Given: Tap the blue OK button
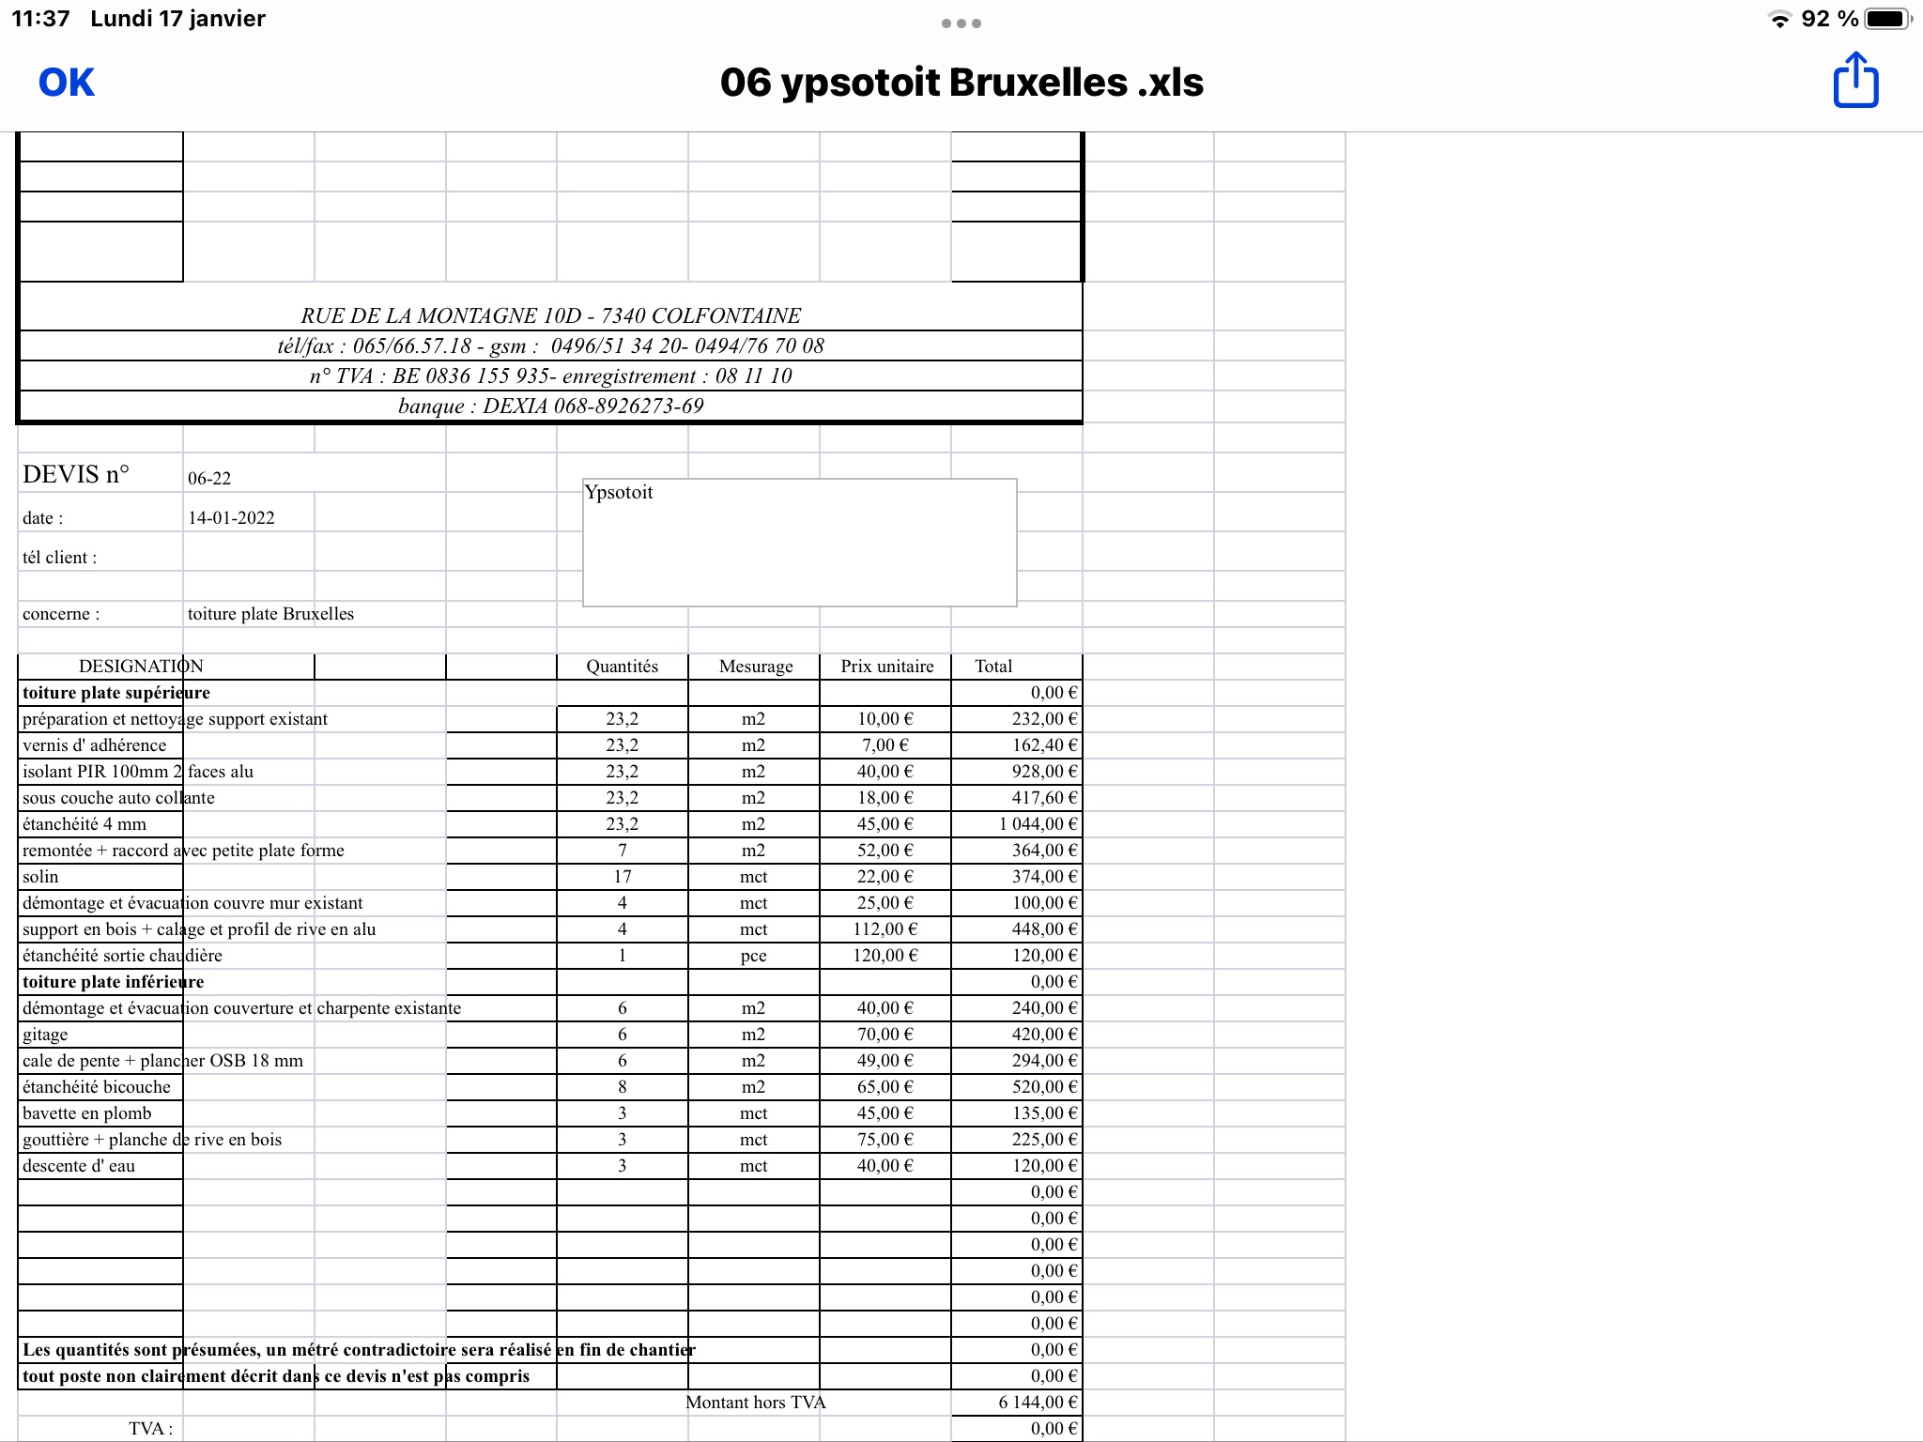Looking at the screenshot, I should pos(66,83).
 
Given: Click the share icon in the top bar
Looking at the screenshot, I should pos(1855,81).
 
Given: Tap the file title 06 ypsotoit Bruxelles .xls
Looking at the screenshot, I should pos(961,83).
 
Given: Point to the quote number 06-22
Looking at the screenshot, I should pos(209,479).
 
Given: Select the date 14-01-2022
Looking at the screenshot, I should pos(231,518).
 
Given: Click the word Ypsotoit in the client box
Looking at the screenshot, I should pos(619,493).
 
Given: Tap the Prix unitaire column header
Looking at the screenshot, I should pos(886,667).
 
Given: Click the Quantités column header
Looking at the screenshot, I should pos(622,667).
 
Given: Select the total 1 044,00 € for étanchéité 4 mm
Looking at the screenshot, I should pos(1038,824).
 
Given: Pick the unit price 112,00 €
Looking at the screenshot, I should pos(885,929).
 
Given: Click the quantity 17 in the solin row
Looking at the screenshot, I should pos(622,877).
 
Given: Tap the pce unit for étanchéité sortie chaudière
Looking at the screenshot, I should pos(753,956).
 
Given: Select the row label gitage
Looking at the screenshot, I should pos(45,1035).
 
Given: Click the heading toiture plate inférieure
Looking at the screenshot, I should pos(113,982).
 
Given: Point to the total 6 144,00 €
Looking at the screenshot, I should pos(1038,1403).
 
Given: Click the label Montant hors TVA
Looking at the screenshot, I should pos(755,1403).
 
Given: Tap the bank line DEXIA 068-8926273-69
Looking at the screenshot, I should pos(551,407).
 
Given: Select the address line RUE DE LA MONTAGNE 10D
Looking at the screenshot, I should pos(551,316).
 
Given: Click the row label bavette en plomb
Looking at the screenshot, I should pos(86,1113).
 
